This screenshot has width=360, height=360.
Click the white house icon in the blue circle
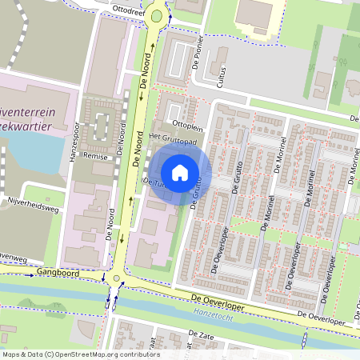point(180,172)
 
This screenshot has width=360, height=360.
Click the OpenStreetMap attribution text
point(80,354)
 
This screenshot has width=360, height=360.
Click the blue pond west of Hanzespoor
point(32,156)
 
